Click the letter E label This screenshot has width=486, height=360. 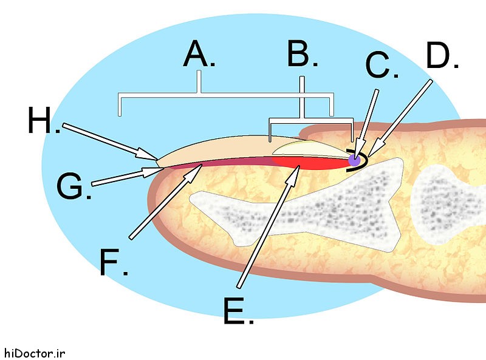(x=235, y=310)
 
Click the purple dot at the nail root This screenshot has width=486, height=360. (x=354, y=160)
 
